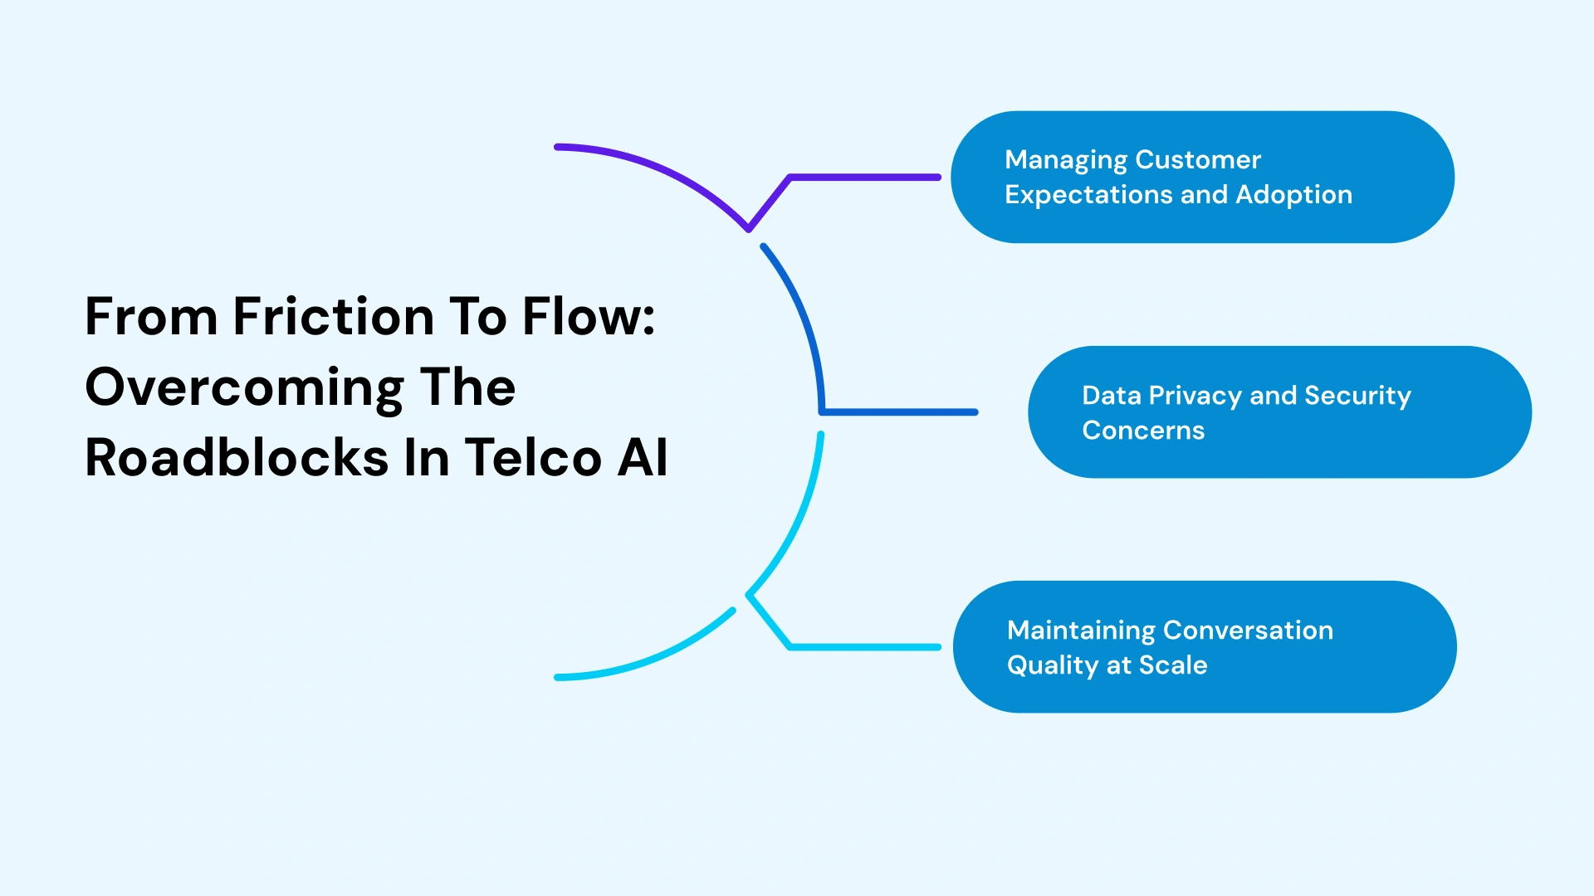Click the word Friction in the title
tap(333, 317)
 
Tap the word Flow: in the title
tap(588, 317)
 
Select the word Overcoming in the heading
tap(244, 388)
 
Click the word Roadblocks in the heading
tap(237, 458)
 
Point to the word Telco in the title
tap(532, 458)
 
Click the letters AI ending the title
tap(642, 458)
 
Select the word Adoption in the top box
tap(1293, 195)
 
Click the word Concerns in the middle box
tap(1142, 431)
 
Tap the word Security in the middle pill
tap(1357, 397)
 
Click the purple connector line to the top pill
tap(863, 177)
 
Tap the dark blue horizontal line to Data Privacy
tap(901, 411)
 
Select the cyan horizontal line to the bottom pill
tap(863, 646)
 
